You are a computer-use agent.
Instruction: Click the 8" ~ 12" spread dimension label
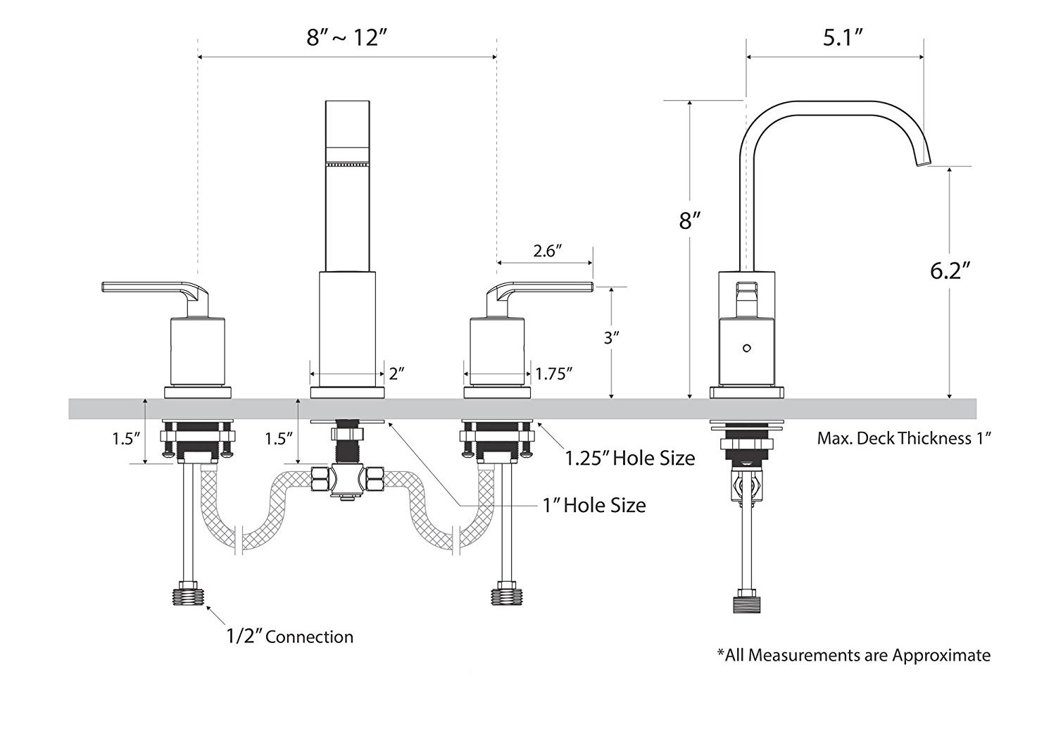point(348,38)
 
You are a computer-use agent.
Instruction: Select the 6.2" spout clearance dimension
point(950,270)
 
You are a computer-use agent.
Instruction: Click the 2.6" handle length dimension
point(547,251)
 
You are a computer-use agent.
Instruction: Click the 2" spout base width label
point(396,374)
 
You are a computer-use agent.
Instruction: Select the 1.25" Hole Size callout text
point(630,459)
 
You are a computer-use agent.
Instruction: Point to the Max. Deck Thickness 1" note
point(904,438)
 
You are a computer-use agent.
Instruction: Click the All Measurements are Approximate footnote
point(853,655)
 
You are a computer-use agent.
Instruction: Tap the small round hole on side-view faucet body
point(748,348)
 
